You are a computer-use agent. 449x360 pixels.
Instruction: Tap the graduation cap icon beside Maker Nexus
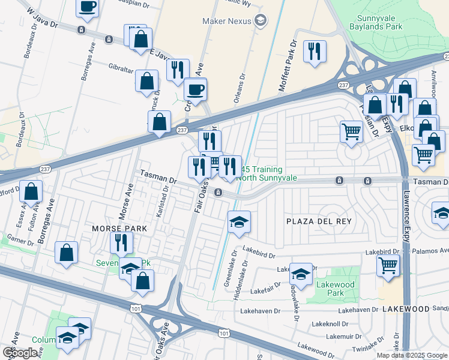click(260, 21)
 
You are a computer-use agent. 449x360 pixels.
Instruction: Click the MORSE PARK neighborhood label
click(115, 229)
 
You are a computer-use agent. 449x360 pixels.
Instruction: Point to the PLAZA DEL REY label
click(321, 221)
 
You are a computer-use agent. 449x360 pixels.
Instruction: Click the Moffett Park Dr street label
click(287, 67)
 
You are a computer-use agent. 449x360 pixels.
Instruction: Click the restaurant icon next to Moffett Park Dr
click(315, 51)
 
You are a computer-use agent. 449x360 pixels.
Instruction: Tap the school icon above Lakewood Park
click(301, 274)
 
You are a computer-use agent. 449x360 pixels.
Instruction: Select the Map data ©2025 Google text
click(411, 355)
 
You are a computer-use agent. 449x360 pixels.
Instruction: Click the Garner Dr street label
click(17, 242)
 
